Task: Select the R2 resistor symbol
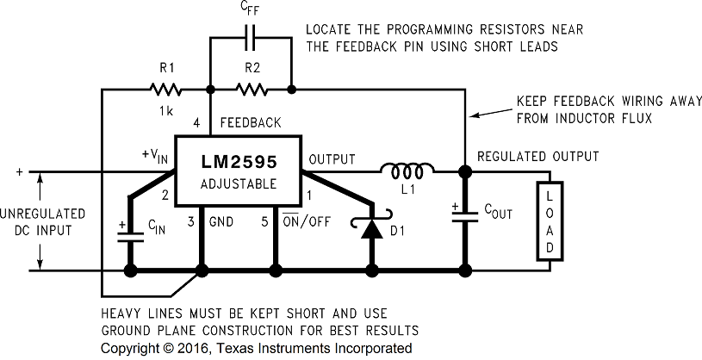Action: [252, 88]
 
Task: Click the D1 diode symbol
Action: [372, 229]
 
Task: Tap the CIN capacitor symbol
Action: [131, 232]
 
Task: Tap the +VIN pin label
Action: [154, 156]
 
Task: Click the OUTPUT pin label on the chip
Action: [332, 158]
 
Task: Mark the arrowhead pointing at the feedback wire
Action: [473, 114]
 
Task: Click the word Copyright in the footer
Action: [131, 348]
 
